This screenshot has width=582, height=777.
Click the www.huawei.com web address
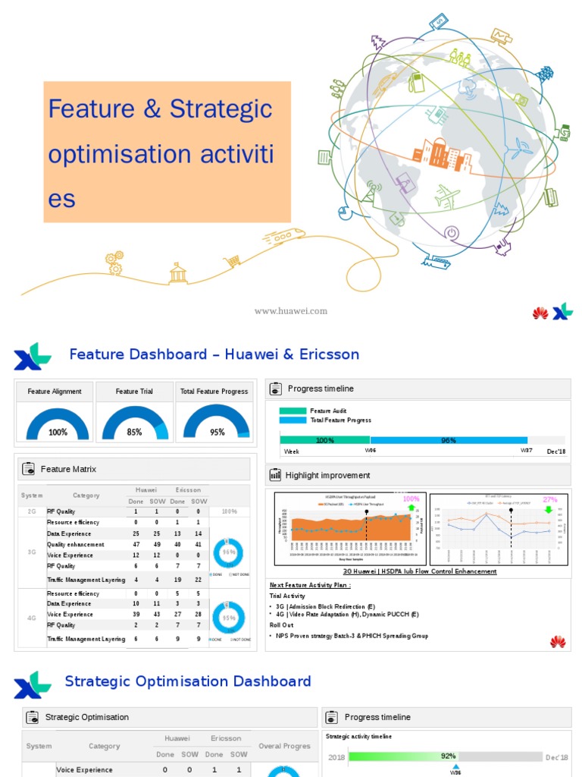(x=290, y=311)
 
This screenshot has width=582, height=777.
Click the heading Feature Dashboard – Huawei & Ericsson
(x=214, y=354)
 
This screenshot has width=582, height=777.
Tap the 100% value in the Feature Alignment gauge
(x=58, y=433)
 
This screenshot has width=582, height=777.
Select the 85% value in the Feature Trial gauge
(x=134, y=433)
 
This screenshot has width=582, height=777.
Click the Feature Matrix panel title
(x=68, y=469)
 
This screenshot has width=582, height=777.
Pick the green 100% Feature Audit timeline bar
(x=324, y=440)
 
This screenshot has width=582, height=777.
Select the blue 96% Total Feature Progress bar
(x=448, y=440)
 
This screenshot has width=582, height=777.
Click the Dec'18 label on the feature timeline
(x=556, y=451)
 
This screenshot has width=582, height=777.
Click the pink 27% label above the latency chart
(x=549, y=499)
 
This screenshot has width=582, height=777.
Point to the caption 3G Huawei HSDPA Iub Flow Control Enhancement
(x=419, y=571)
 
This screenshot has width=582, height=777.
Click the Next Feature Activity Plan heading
(x=311, y=585)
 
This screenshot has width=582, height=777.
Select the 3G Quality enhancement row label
(x=77, y=544)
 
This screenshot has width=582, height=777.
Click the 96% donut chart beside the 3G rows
(x=230, y=554)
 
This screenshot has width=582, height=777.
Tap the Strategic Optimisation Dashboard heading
(x=187, y=681)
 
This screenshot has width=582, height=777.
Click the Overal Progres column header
(x=284, y=746)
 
